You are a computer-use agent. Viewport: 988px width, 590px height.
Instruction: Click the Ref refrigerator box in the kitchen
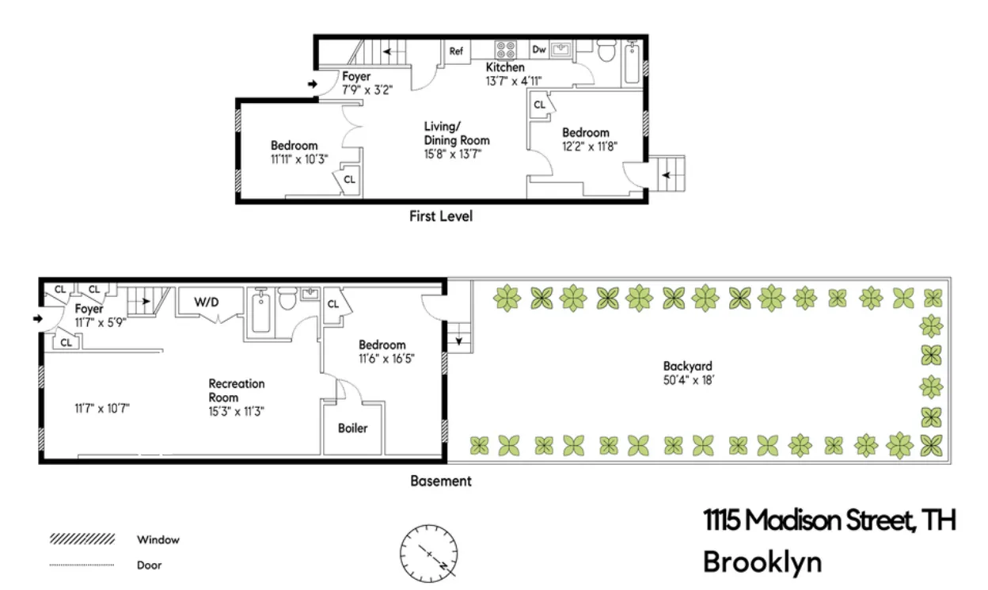point(456,51)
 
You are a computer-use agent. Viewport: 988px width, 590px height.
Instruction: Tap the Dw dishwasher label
point(539,50)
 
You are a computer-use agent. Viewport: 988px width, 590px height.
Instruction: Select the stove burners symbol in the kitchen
point(507,50)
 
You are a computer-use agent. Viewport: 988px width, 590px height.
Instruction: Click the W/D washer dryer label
point(207,301)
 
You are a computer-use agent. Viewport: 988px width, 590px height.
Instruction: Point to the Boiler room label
point(353,428)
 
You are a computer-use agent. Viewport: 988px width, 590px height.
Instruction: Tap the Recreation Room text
point(236,390)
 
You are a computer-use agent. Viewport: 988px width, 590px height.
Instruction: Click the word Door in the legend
point(149,565)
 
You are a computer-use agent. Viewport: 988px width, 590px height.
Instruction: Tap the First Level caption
point(441,215)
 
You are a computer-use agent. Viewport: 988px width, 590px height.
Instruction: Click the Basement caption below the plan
point(441,481)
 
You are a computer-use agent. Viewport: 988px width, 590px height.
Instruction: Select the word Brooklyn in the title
point(762,562)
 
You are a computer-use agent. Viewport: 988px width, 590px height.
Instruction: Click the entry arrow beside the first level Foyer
point(311,84)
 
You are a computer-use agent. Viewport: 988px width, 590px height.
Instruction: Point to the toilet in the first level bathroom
point(606,52)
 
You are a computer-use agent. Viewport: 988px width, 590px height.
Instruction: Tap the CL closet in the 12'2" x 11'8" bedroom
point(539,105)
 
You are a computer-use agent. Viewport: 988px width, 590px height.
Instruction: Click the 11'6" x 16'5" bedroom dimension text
point(387,358)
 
